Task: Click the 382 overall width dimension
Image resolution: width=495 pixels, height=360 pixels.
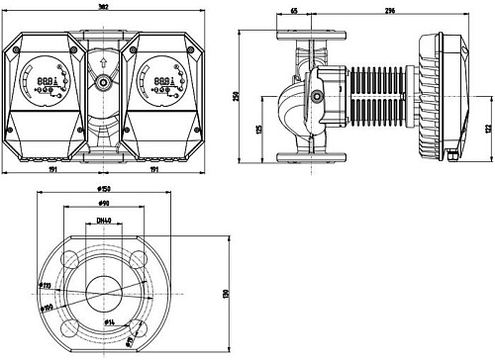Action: point(102,6)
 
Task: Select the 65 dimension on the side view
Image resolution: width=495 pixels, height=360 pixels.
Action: point(294,11)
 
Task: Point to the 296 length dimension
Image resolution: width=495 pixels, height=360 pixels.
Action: point(387,11)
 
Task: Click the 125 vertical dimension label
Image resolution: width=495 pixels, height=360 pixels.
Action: point(259,129)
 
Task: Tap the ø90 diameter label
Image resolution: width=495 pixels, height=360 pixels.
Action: point(103,203)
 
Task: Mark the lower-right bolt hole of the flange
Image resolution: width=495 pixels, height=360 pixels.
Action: point(136,327)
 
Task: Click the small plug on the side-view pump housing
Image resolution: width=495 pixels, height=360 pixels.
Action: point(316,97)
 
